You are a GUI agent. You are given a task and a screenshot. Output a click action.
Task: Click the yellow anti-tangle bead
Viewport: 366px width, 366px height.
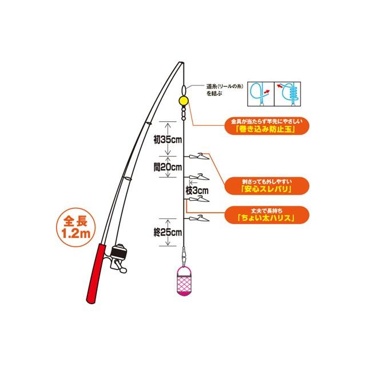[183, 101]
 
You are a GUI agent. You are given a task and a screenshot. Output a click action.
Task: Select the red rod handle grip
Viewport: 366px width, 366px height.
[96, 273]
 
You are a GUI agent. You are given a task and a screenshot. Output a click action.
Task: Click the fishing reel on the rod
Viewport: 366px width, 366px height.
[118, 258]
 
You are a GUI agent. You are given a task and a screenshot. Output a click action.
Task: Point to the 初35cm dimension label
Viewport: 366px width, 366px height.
[168, 140]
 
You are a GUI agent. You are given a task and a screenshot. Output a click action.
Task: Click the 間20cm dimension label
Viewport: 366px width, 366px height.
[168, 167]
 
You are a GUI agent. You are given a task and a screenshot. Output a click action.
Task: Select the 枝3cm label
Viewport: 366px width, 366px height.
[197, 190]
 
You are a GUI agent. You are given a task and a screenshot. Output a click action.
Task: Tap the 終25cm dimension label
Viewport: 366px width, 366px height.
[168, 232]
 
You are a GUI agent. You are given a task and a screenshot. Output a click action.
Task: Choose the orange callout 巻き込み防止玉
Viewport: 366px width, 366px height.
[267, 126]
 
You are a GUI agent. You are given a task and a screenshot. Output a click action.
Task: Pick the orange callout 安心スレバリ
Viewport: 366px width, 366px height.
[267, 186]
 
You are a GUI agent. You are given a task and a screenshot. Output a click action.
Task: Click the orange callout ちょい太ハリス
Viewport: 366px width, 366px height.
[267, 215]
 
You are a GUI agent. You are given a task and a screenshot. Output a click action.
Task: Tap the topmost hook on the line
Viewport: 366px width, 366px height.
[199, 156]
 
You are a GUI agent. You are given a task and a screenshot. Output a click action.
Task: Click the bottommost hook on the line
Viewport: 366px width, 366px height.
[199, 218]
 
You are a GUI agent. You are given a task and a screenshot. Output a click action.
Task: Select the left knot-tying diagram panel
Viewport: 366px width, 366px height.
[261, 94]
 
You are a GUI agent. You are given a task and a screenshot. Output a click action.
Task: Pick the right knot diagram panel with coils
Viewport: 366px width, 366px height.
[288, 94]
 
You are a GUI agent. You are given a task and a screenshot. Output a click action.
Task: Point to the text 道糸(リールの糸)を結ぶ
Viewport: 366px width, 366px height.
[225, 90]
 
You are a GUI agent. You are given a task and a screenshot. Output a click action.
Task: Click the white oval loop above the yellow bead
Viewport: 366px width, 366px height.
[184, 90]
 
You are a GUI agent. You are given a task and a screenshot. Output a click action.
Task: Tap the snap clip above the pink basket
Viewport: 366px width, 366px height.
[184, 256]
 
